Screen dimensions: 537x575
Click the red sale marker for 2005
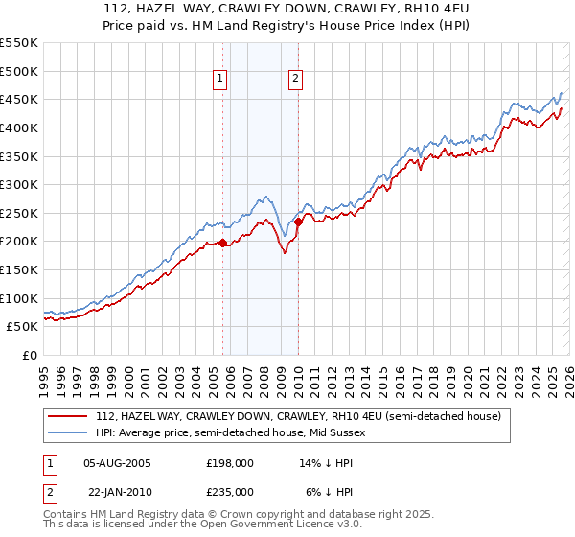(223, 243)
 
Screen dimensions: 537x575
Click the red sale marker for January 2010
(298, 222)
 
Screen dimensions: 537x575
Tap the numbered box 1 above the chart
(220, 80)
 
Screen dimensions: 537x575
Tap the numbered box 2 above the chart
(295, 80)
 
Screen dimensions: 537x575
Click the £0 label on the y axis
(30, 355)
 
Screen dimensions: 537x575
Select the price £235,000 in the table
(229, 491)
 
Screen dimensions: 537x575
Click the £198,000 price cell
(229, 462)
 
